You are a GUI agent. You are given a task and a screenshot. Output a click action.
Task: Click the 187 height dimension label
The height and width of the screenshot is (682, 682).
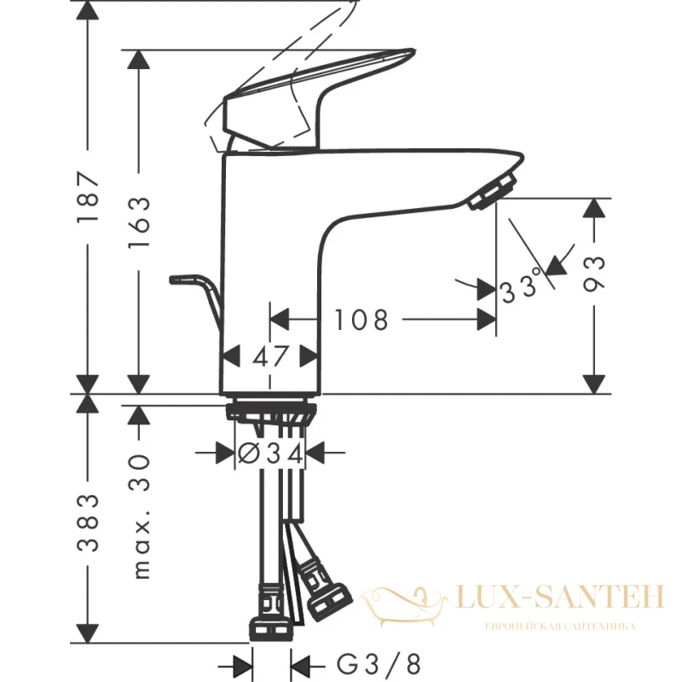[88, 197]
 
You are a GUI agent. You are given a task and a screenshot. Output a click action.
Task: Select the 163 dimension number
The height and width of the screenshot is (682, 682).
[139, 222]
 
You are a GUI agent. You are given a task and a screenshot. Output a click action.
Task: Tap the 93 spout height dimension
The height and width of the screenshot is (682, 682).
[593, 274]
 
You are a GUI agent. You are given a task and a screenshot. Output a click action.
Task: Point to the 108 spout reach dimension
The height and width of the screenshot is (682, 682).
[361, 320]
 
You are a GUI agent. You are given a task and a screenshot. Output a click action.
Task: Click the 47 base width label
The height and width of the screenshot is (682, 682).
[270, 356]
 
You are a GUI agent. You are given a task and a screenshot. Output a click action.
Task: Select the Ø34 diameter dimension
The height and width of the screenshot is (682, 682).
[270, 454]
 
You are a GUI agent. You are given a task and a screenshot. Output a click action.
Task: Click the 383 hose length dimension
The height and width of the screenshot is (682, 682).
[88, 523]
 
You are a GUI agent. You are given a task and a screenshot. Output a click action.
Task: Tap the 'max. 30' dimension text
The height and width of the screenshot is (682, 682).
[140, 517]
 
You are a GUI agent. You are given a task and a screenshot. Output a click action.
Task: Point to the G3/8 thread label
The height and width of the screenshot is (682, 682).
[379, 664]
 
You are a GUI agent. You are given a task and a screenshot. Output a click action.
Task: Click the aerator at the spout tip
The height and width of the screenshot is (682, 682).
[492, 191]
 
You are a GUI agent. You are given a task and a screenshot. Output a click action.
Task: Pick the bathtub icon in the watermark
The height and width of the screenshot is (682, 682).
[404, 605]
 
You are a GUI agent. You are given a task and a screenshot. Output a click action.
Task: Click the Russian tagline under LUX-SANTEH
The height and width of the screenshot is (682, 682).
[560, 627]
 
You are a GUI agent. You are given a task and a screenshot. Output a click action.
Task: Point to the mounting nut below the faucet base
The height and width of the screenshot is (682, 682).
[270, 412]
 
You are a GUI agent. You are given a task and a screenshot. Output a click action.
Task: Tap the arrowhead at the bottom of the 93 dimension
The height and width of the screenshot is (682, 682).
[593, 384]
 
